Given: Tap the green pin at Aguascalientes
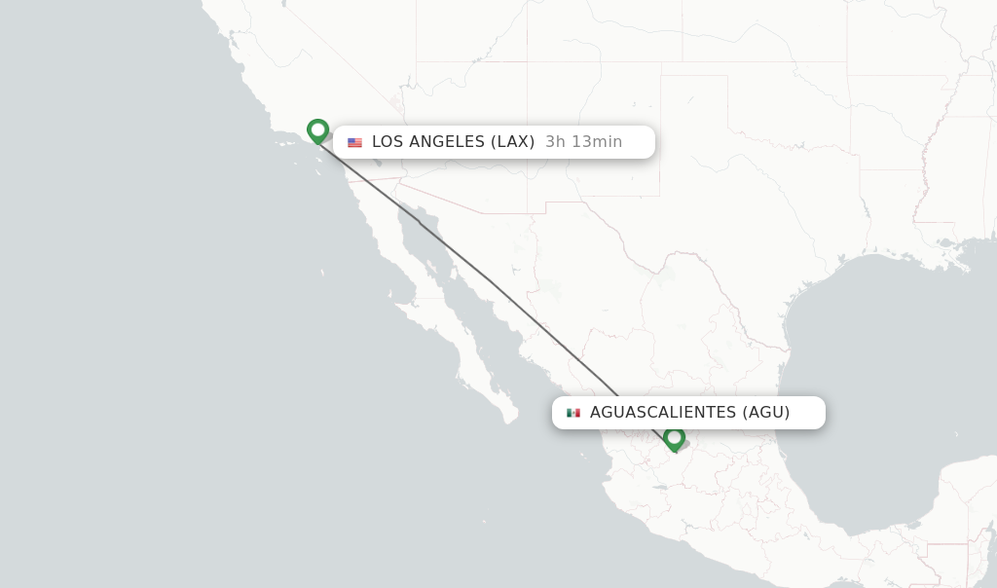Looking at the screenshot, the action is tap(674, 439).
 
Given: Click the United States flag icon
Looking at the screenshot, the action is tap(354, 142).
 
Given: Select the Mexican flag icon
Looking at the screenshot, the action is tap(572, 413).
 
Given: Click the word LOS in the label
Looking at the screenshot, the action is tap(388, 142).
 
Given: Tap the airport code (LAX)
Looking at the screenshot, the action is tap(512, 142).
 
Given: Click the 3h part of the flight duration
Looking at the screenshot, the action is tap(555, 142).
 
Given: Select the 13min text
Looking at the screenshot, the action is tap(597, 142).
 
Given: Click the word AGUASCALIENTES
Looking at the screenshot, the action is tap(663, 413).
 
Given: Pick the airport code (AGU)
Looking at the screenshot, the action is tap(766, 413).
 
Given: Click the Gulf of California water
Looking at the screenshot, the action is tap(458, 292).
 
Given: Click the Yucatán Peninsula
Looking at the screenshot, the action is tap(964, 487).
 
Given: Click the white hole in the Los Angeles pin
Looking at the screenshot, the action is tap(317, 128).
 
